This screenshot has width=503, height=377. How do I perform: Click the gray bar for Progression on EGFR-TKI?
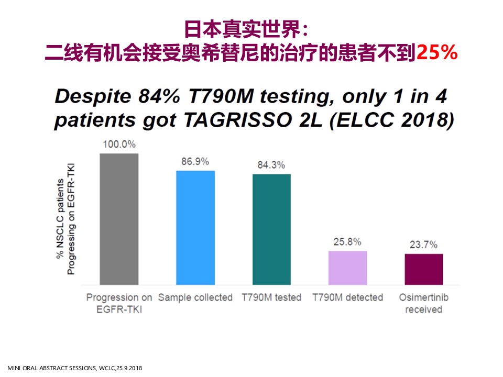click(x=119, y=219)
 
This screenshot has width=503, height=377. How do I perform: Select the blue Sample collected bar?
click(x=195, y=228)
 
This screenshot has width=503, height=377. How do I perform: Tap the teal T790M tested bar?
click(x=272, y=229)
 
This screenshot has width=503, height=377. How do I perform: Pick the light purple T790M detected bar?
click(x=348, y=268)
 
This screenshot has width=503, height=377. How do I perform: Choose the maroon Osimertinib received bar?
click(x=424, y=269)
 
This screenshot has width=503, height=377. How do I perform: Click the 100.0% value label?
click(x=119, y=145)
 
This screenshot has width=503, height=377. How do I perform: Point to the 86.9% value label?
click(x=195, y=162)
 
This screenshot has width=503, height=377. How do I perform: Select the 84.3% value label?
click(x=271, y=165)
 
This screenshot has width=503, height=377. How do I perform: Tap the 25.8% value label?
click(x=347, y=242)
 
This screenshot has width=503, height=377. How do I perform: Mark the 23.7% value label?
click(x=424, y=245)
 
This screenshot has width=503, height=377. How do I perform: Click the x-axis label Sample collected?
click(x=195, y=297)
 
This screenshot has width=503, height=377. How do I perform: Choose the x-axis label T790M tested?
click(x=271, y=297)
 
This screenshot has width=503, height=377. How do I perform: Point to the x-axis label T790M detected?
click(x=348, y=297)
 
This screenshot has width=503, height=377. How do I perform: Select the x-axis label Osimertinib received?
click(x=424, y=303)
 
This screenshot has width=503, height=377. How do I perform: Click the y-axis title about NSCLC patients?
click(x=66, y=219)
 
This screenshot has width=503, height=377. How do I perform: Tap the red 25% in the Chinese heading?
click(x=437, y=52)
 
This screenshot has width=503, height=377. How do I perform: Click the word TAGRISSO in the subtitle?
click(x=238, y=120)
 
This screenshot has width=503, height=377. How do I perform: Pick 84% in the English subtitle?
click(x=159, y=96)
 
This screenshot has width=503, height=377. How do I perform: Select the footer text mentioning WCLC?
click(x=75, y=368)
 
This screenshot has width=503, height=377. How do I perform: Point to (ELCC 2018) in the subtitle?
click(x=392, y=120)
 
